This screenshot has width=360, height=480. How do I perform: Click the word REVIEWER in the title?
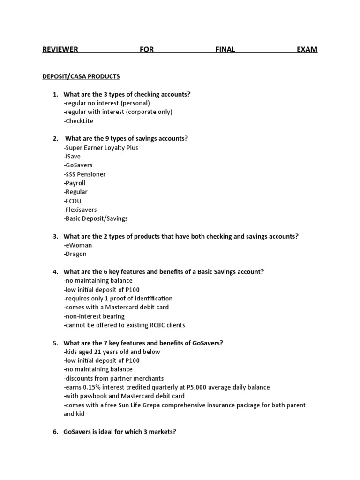(60, 49)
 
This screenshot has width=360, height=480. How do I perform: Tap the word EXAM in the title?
(307, 49)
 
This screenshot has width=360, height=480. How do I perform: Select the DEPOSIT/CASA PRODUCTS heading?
(81, 76)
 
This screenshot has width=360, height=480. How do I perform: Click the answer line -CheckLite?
(78, 121)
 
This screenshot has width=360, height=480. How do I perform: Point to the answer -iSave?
(72, 157)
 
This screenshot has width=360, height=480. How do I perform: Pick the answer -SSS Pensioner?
(84, 174)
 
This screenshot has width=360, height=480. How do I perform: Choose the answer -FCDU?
(72, 201)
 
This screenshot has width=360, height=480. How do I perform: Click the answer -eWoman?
(78, 245)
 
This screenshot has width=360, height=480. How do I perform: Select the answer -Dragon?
(75, 254)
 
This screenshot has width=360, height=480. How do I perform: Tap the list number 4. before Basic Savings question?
(55, 272)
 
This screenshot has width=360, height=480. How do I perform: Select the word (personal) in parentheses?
(135, 103)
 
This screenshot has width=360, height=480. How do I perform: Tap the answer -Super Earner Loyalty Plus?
(101, 148)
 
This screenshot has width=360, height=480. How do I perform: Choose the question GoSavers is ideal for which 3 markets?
(120, 432)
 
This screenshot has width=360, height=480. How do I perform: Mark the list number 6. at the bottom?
(55, 432)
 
